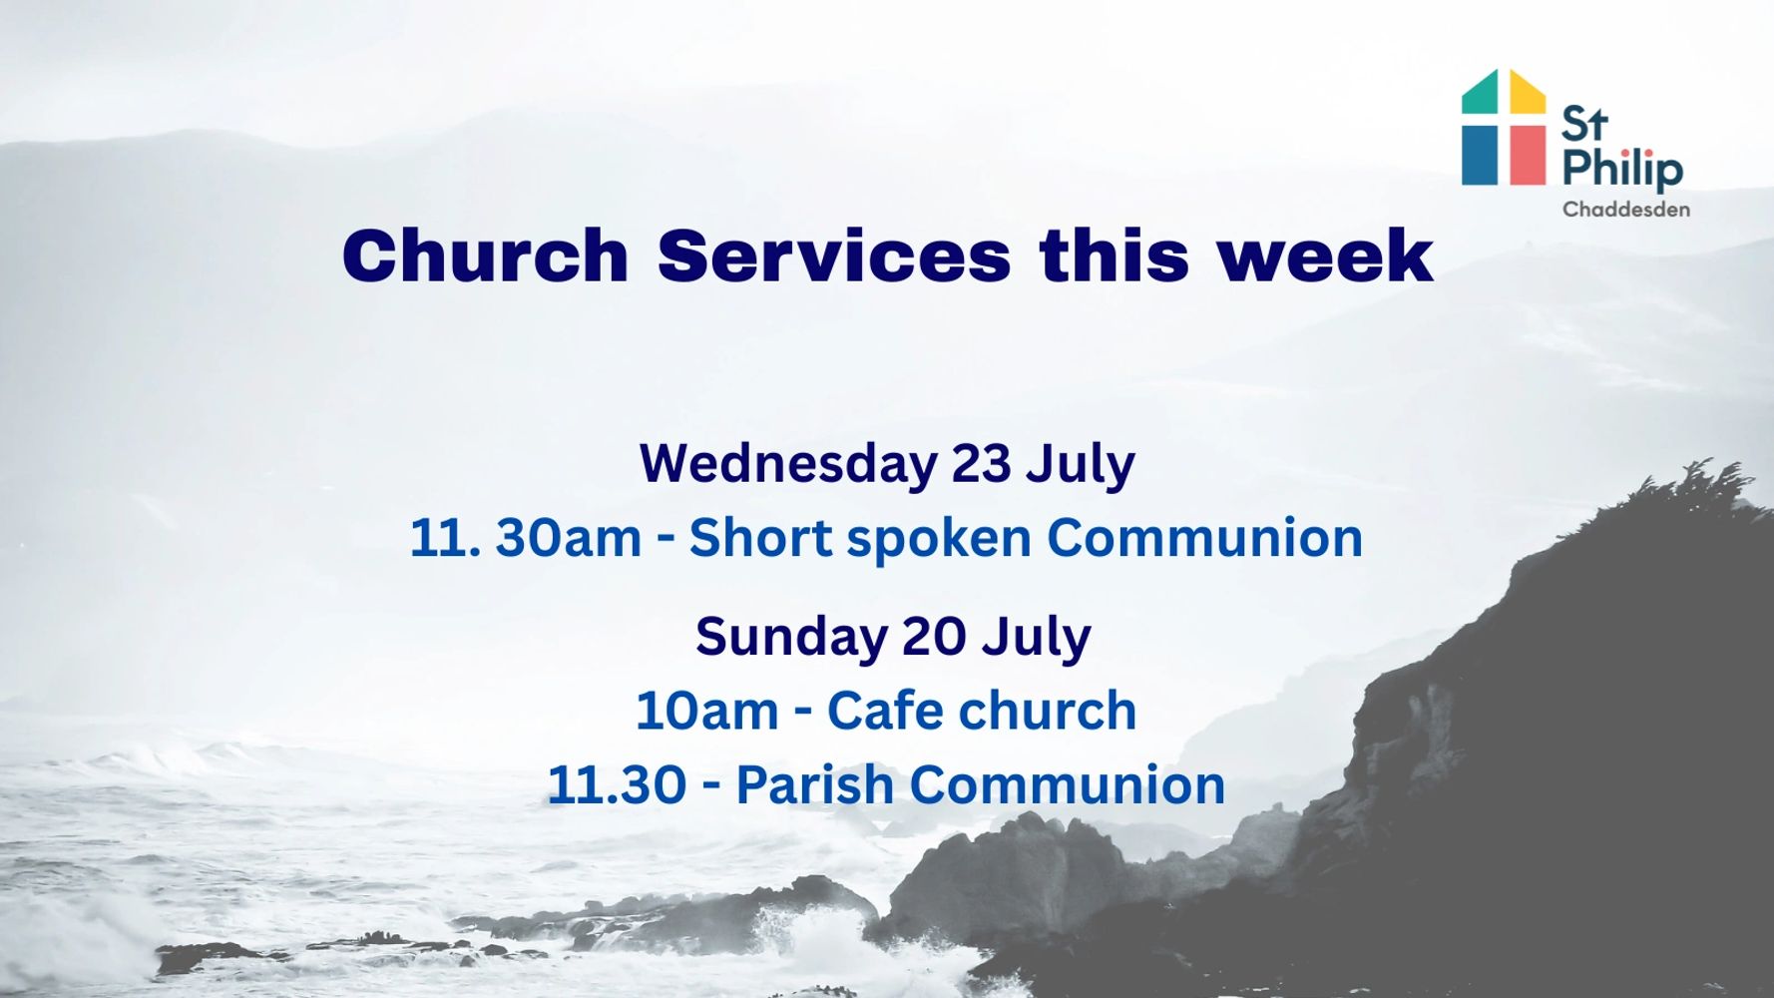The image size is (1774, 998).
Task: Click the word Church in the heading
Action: click(485, 255)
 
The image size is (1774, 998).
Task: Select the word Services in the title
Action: click(834, 255)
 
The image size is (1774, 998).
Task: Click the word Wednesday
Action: click(788, 465)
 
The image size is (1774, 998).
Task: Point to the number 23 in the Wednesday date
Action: click(981, 464)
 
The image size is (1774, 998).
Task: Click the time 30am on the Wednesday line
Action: click(568, 539)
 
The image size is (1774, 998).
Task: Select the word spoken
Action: click(938, 540)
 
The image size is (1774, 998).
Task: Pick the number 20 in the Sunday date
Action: click(934, 638)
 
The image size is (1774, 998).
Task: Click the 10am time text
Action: click(706, 712)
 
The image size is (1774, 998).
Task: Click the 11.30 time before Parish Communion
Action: click(617, 785)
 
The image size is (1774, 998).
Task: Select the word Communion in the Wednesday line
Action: click(1204, 538)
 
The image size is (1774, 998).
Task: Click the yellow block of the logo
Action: click(1528, 92)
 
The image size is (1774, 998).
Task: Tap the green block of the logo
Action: click(1480, 92)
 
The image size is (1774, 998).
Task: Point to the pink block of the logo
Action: click(1528, 154)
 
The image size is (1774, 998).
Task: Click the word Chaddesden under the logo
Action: click(1626, 210)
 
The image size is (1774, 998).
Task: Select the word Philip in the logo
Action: click(1622, 169)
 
